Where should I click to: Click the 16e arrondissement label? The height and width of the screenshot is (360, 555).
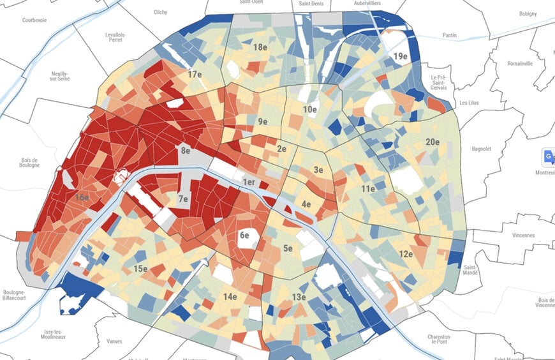82,198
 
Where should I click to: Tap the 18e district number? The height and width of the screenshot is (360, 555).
260,47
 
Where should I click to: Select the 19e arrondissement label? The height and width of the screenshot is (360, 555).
400,57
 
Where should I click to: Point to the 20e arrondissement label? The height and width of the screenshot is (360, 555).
433,142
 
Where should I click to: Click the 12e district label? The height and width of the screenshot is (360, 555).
406,254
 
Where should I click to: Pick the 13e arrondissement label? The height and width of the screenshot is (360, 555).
299,297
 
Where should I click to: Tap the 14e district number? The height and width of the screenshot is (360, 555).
230,296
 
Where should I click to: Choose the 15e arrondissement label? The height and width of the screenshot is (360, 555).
141,269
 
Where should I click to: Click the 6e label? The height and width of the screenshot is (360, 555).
244,235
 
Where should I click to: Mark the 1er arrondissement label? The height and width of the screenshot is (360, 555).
249,183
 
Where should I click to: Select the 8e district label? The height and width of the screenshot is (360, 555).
186,151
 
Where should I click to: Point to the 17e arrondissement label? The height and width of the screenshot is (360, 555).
195,75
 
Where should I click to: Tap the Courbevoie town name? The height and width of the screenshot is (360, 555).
35,20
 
